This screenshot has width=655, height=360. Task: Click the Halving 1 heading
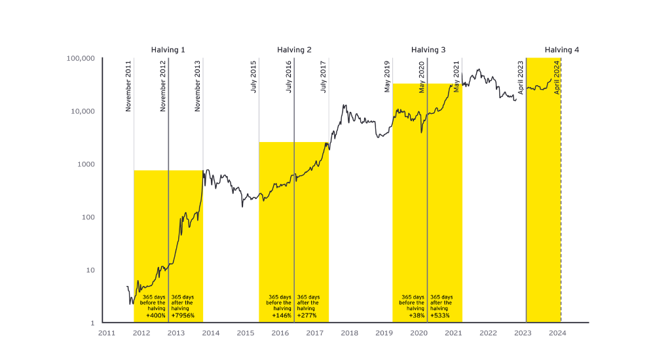click(168, 50)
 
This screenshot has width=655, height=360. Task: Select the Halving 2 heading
click(294, 50)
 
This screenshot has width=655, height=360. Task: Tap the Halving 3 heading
click(428, 50)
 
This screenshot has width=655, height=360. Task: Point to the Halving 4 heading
click(562, 50)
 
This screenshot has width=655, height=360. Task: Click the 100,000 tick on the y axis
click(81, 58)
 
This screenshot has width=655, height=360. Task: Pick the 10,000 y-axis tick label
click(83, 111)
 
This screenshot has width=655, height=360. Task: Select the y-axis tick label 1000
click(86, 164)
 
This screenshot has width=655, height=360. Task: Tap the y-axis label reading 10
click(91, 270)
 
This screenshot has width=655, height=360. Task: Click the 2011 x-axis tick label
click(107, 333)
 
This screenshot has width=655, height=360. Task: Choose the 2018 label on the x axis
click(349, 333)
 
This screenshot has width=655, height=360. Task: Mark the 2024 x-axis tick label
click(557, 333)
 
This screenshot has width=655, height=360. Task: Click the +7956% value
click(183, 315)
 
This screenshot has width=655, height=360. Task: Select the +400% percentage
click(155, 315)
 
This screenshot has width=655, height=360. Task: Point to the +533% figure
click(441, 315)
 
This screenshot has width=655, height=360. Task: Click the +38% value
click(416, 315)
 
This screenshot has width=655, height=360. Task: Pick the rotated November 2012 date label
click(164, 85)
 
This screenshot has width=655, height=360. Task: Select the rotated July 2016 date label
click(289, 77)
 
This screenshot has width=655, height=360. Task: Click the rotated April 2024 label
click(557, 78)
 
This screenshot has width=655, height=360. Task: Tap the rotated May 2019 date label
click(387, 77)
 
